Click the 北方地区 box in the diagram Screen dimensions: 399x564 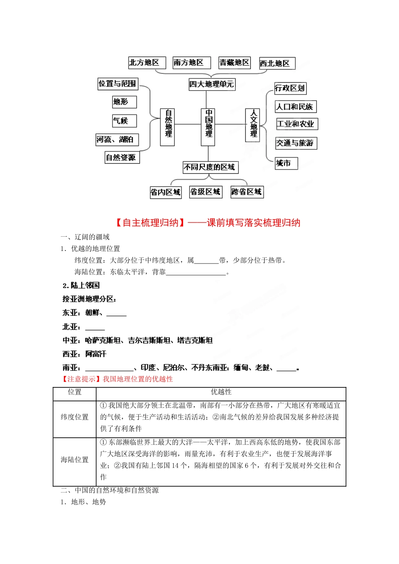(147, 63)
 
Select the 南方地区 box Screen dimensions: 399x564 (191, 63)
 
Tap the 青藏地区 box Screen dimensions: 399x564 (234, 63)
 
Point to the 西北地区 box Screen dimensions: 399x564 (277, 64)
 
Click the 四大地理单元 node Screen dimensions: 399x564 (211, 84)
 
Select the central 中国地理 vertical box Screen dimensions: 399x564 (208, 126)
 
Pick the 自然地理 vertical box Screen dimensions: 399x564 (168, 126)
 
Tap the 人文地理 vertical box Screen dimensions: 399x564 (253, 125)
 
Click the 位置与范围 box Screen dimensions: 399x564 (118, 84)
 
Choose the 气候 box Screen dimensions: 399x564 (124, 121)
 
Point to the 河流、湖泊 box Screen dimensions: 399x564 (117, 140)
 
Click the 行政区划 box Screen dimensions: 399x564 (290, 88)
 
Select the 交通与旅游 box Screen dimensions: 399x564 (296, 143)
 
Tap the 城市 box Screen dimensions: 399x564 (286, 163)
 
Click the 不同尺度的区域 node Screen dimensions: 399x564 (210, 167)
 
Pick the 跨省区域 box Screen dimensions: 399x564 (247, 192)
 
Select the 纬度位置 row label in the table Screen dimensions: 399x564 (74, 417)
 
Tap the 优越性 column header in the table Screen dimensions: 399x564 (221, 392)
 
